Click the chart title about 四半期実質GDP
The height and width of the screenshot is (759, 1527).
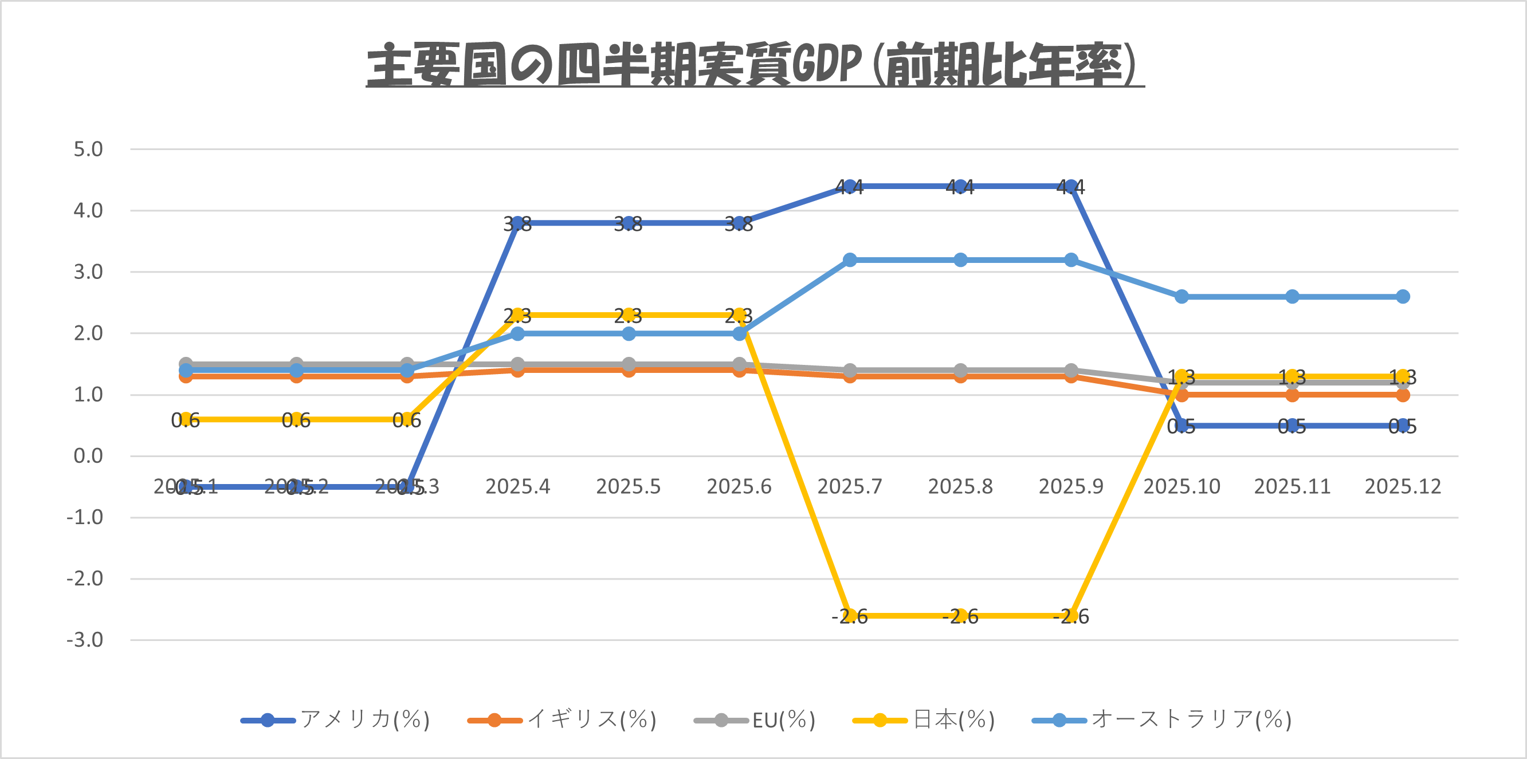point(755,64)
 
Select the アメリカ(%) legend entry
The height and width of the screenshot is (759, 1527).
point(336,720)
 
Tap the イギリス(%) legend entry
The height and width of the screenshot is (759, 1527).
point(562,720)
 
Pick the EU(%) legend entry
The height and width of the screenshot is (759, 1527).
point(755,720)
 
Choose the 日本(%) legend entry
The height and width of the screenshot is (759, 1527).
point(924,720)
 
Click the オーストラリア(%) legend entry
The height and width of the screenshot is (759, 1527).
point(1162,720)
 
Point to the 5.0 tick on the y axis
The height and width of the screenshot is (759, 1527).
point(88,150)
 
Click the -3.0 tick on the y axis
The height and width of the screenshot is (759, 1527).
point(85,640)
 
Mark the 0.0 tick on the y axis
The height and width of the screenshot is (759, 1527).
point(88,456)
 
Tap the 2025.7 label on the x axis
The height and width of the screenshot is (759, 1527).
point(850,486)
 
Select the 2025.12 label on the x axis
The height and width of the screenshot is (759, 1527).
point(1403,486)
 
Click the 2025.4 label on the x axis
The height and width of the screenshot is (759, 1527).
point(517,486)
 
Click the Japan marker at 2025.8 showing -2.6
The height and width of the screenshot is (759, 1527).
point(960,616)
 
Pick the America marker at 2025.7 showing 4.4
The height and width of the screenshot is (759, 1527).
point(850,187)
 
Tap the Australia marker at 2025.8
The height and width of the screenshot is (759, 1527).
point(960,260)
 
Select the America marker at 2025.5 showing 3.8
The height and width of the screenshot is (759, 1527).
point(629,223)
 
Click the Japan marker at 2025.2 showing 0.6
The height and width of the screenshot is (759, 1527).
point(296,419)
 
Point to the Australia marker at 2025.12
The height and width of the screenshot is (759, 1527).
point(1403,296)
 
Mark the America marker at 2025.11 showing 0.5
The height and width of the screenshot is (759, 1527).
point(1292,426)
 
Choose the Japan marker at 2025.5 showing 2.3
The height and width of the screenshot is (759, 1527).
point(629,315)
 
